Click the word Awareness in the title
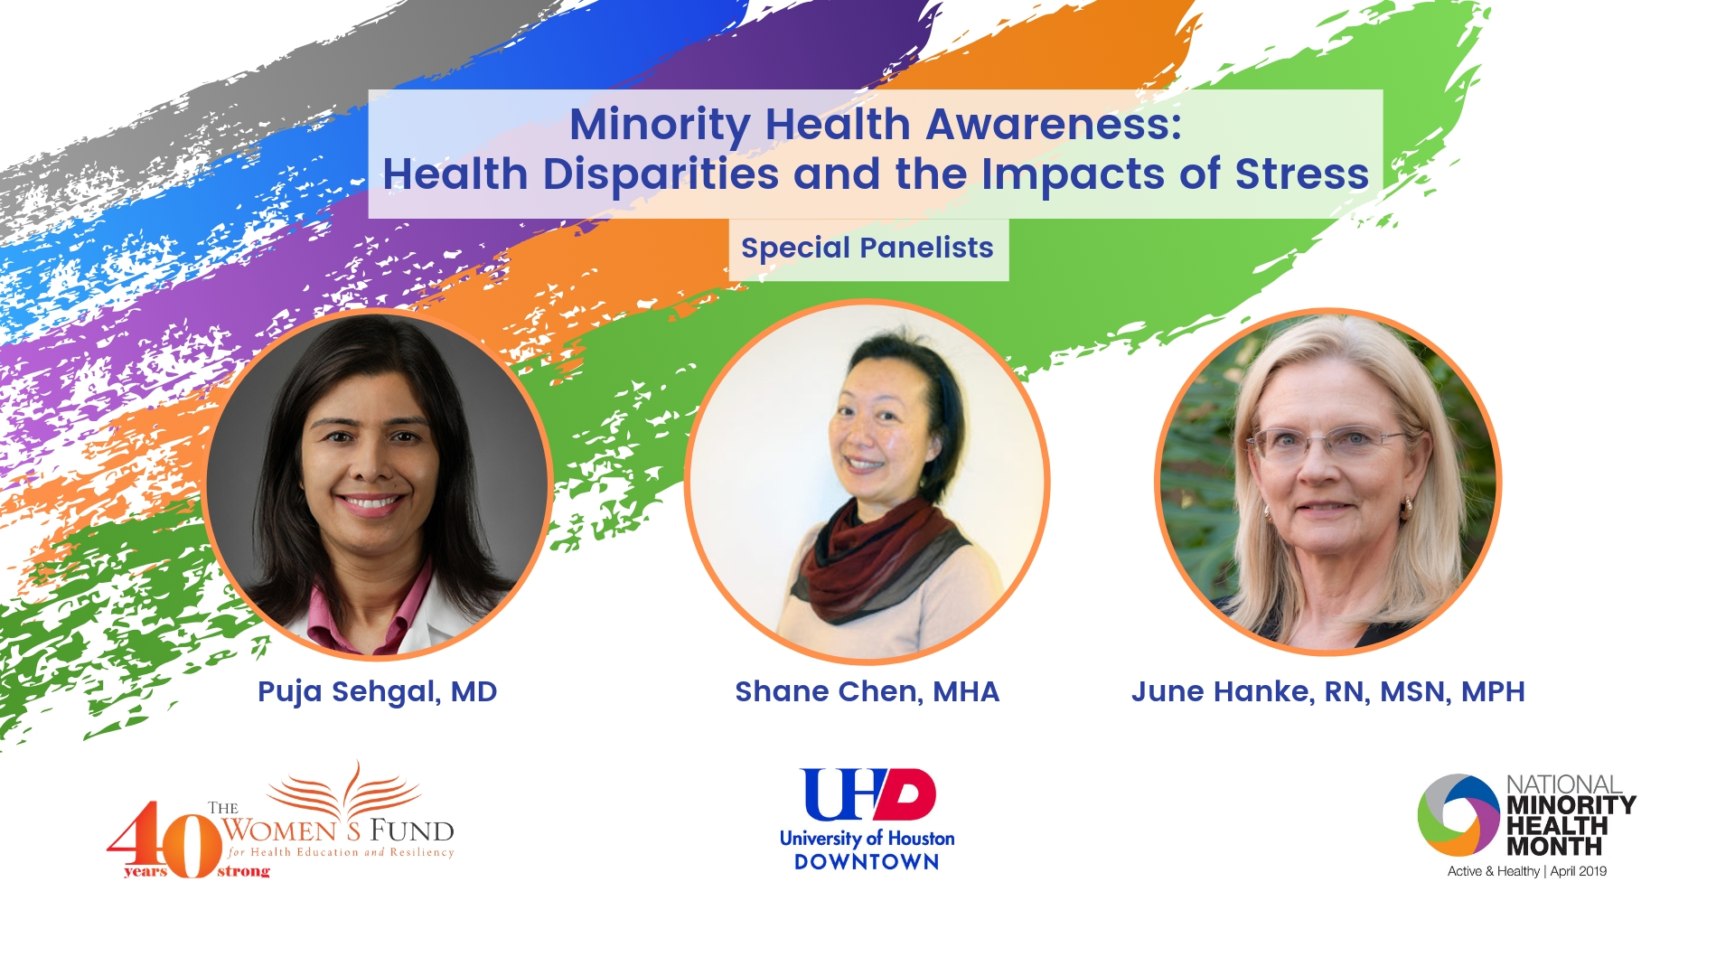tap(1054, 124)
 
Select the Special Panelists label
tap(867, 248)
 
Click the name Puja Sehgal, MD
tap(378, 692)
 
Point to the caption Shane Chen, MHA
tap(867, 692)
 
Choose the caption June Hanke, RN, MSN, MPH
tap(1328, 692)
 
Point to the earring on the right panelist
tap(1405, 509)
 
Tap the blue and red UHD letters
tap(867, 794)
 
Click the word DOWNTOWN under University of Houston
tap(867, 862)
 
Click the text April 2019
tap(1579, 871)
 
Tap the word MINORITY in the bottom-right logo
tap(1571, 805)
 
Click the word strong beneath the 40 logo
tap(243, 872)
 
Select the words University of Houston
tap(867, 839)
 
